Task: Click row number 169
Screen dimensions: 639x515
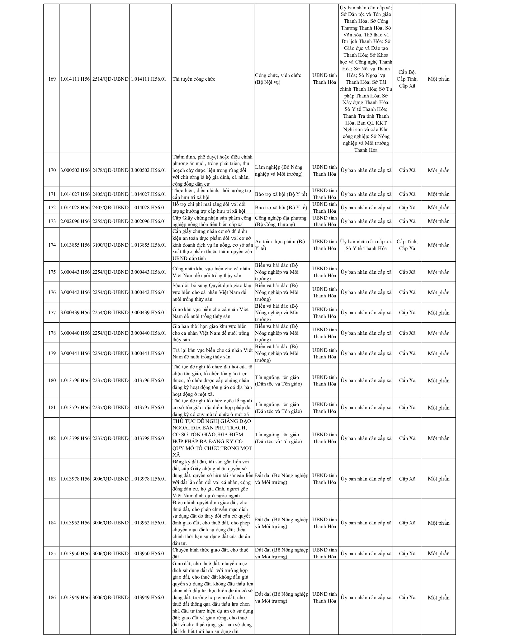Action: tap(52, 79)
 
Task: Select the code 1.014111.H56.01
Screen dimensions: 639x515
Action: tap(149, 79)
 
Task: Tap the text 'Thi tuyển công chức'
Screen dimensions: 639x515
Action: tap(194, 79)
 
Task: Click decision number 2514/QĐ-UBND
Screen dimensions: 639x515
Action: tap(110, 79)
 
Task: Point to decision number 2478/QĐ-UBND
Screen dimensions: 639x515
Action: tap(110, 170)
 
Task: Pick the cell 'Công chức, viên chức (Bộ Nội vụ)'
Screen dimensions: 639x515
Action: tap(278, 79)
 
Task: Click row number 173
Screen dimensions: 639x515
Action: tap(52, 221)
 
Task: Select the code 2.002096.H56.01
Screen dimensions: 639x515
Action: tap(149, 221)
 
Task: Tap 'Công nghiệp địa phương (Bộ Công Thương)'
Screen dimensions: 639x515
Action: tap(281, 221)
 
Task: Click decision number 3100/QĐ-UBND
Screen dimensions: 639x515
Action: tap(110, 245)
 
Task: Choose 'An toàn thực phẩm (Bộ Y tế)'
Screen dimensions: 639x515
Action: tap(280, 245)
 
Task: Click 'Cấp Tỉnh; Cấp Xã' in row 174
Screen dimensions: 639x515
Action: tap(407, 245)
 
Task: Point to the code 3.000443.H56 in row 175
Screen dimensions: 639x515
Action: tap(75, 272)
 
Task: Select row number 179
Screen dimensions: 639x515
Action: tap(52, 353)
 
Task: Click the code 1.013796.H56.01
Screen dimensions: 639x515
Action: tap(149, 381)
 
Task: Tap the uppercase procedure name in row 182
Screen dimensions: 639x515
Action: tap(212, 438)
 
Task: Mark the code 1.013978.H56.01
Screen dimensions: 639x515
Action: tap(149, 479)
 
